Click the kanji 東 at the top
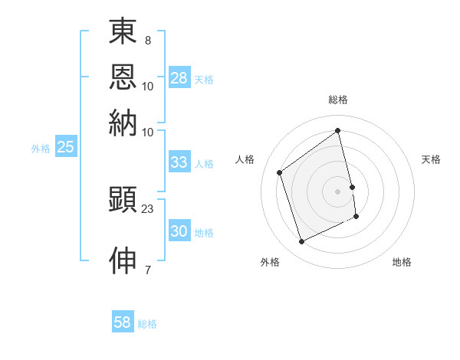[x=123, y=33]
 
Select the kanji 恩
[x=123, y=77]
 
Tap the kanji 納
[x=123, y=123]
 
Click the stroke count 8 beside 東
[x=148, y=40]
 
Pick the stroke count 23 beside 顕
[x=148, y=208]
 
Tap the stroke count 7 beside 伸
[x=148, y=269]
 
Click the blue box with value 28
[x=179, y=78]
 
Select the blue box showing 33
[x=179, y=162]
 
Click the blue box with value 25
[x=65, y=148]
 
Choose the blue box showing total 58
[x=123, y=322]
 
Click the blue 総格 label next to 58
[x=147, y=324]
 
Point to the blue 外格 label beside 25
[x=40, y=149]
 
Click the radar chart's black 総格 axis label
[x=338, y=100]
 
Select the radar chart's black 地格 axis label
[x=402, y=262]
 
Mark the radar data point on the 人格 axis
[x=280, y=172]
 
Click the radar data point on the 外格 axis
[x=301, y=242]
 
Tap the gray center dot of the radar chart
[x=338, y=191]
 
